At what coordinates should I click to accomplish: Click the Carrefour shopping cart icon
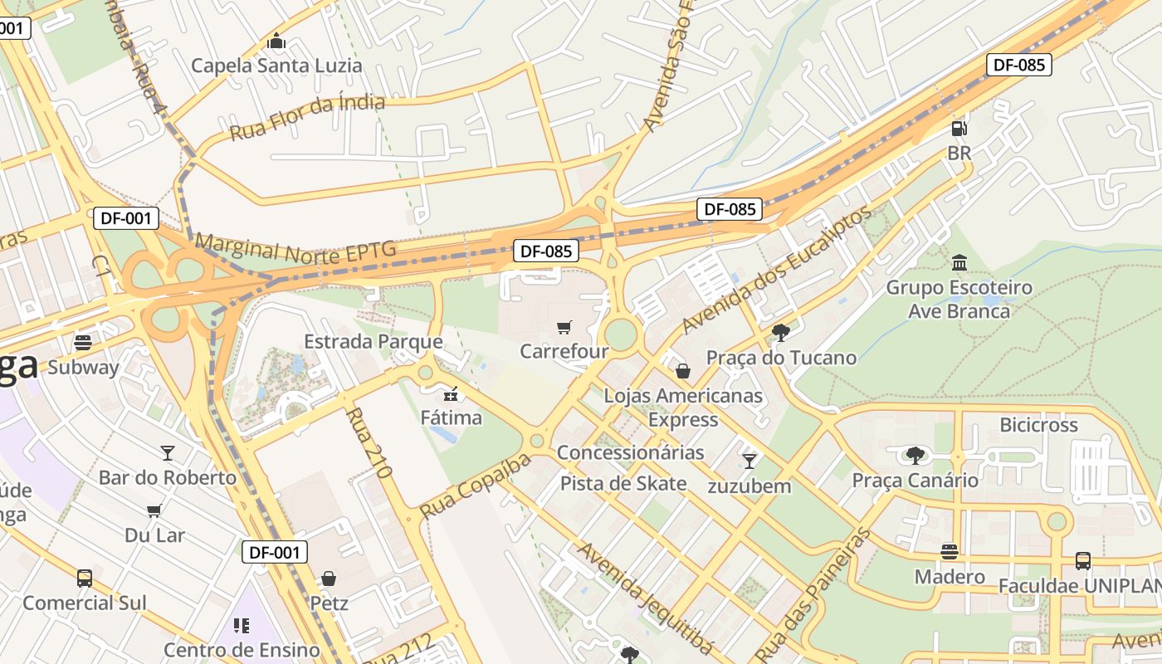coord(564,328)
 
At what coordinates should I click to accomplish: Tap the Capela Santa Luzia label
coord(276,66)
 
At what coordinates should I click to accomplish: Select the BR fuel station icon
coord(959,129)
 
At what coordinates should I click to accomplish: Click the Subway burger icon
coord(82,342)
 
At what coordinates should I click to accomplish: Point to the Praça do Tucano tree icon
coord(780,333)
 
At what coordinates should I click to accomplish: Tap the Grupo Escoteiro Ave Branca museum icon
coord(959,262)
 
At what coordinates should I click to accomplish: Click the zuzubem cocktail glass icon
coord(749,461)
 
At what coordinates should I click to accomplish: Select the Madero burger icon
coord(950,552)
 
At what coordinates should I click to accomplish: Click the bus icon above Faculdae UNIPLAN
coord(1083,561)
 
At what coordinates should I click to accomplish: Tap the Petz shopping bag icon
coord(329,578)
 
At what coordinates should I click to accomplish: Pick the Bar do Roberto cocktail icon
coord(168,452)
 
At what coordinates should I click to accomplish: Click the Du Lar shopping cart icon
coord(154,510)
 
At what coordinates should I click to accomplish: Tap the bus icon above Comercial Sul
coord(84,578)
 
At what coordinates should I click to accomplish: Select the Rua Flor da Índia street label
coord(307,117)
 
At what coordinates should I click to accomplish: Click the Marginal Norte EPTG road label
coord(295,248)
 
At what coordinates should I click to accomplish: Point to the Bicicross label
coord(1038,425)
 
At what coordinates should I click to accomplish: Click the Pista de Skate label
coord(623,483)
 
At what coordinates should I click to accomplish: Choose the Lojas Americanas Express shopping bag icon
coord(683,370)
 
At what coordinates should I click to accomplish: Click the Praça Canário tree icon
coord(915,455)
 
